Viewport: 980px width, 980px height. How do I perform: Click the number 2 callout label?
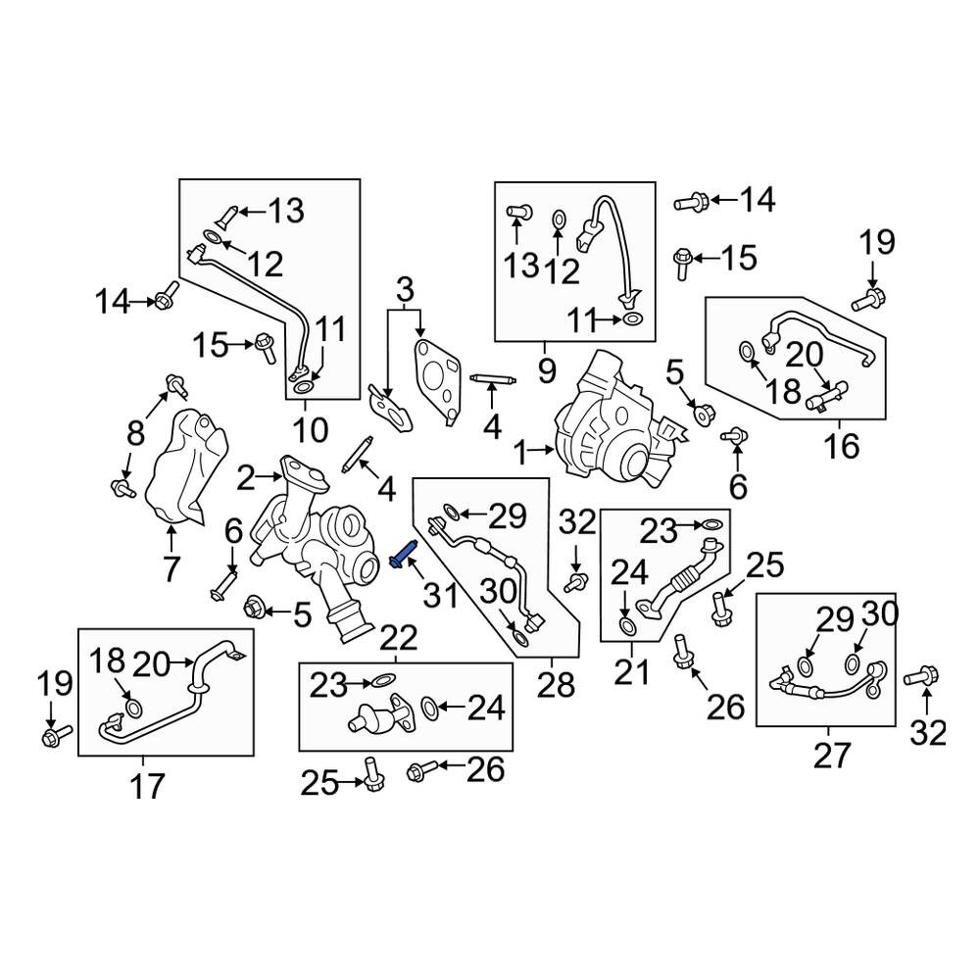246,479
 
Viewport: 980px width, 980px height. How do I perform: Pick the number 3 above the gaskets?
405,291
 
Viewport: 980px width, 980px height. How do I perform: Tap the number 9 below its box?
546,371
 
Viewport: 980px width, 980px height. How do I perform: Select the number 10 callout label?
310,430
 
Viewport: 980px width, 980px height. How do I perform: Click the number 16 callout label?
841,446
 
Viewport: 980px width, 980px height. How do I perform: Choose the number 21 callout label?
632,672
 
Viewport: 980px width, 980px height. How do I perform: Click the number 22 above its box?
398,638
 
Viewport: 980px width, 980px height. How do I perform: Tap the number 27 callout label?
832,755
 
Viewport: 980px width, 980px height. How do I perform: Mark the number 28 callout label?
555,685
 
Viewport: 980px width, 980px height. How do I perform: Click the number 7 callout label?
171,568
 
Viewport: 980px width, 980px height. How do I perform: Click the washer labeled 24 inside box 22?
429,708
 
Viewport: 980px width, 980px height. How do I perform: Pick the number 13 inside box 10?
286,211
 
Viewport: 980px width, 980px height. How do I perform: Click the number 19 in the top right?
876,242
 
